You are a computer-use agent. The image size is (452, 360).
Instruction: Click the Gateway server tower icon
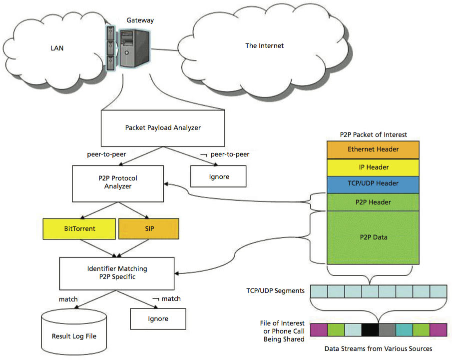click(x=133, y=48)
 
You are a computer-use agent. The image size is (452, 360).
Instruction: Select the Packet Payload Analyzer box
click(x=162, y=127)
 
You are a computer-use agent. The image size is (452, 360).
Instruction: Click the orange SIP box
click(x=148, y=228)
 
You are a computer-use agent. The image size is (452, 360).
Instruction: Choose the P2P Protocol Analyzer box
click(x=118, y=182)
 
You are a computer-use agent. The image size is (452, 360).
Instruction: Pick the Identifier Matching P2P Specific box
click(x=118, y=272)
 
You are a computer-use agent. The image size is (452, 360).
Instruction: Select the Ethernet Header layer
click(x=373, y=149)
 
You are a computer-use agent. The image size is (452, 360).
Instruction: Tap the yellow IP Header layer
click(x=373, y=167)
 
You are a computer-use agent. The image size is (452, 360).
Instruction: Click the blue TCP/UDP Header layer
click(x=373, y=183)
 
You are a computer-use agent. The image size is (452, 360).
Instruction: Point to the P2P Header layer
click(x=373, y=202)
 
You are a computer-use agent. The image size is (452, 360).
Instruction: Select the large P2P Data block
click(x=373, y=237)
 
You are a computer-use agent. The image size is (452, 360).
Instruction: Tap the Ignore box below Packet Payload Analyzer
click(x=217, y=176)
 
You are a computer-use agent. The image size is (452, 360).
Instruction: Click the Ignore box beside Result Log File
click(x=158, y=318)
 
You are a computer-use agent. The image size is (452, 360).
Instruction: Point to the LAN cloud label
click(x=56, y=48)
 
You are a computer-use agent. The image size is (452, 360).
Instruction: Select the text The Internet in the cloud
click(x=264, y=45)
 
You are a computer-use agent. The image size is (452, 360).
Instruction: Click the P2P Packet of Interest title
click(x=373, y=134)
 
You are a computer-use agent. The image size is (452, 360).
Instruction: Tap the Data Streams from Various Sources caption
click(x=378, y=348)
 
